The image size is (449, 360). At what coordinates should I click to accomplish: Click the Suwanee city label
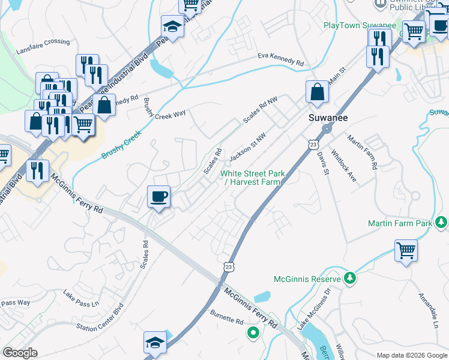click(x=325, y=118)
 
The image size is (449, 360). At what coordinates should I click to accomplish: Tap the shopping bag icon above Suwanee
click(x=316, y=92)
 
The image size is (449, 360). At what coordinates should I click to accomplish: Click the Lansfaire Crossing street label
click(x=43, y=41)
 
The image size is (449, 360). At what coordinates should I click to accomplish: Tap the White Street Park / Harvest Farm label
click(x=252, y=178)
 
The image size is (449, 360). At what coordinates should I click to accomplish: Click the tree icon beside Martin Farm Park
click(x=441, y=223)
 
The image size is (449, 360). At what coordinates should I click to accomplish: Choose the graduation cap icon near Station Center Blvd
click(x=155, y=342)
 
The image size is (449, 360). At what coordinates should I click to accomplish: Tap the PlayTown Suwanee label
click(x=360, y=25)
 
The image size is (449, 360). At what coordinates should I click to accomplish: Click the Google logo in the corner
click(x=20, y=353)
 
